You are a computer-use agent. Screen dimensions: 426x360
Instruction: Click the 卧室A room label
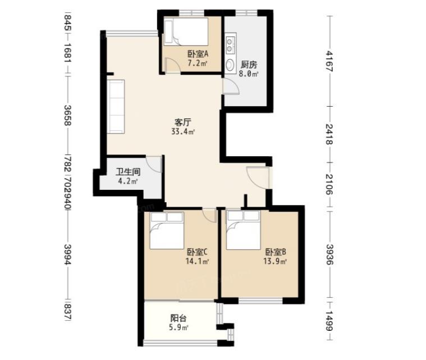[x=198, y=54]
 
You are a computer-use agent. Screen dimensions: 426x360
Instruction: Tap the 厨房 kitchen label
[x=249, y=65]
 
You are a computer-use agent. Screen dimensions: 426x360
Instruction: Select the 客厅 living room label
[x=182, y=122]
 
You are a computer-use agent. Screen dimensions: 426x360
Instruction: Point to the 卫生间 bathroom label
[x=128, y=172]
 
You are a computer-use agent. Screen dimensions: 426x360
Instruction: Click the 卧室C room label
[x=197, y=252]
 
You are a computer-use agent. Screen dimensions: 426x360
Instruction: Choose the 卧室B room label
[x=276, y=252]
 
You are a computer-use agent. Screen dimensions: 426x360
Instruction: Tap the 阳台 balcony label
[x=178, y=318]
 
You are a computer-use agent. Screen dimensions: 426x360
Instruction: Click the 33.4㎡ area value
[x=183, y=132]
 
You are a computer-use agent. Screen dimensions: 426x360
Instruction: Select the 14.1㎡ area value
[x=197, y=262]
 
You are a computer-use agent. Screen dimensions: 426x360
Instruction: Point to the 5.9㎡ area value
[x=178, y=327]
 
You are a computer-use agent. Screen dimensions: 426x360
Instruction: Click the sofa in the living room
[x=116, y=107]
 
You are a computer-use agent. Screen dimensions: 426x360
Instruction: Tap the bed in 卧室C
[x=167, y=231]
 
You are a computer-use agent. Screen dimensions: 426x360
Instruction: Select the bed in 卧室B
[x=244, y=230]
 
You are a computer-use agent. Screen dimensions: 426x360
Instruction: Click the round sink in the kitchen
[x=230, y=65]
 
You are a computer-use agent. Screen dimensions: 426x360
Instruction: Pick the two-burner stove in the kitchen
[x=230, y=45]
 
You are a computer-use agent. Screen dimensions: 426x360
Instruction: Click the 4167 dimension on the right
[x=329, y=61]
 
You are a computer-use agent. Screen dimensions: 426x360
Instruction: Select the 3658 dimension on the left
[x=68, y=115]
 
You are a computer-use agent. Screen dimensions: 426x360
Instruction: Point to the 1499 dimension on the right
[x=329, y=321]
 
